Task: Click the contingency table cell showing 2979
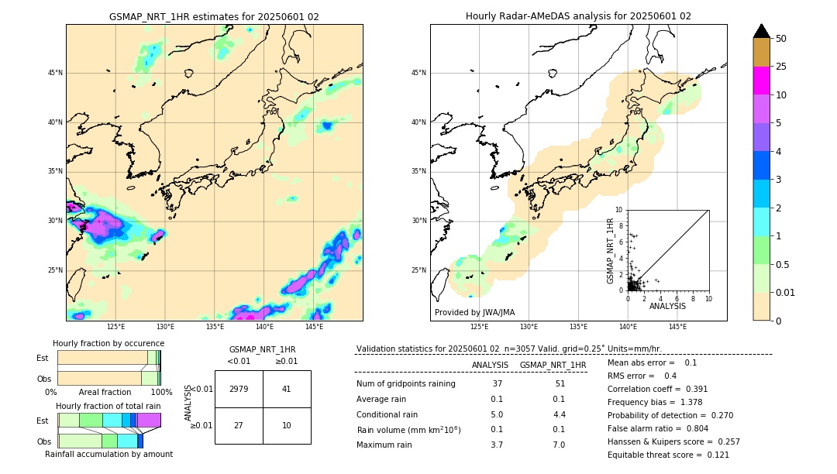[239, 389]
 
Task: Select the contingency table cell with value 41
[286, 389]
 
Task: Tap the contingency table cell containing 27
[239, 425]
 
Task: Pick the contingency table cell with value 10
[286, 425]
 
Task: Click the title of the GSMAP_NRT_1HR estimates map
[214, 17]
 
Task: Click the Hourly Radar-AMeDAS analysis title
[578, 17]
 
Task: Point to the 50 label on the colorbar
[781, 39]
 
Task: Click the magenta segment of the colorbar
[761, 81]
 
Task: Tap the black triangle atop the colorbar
[761, 31]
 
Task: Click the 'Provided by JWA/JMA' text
[474, 312]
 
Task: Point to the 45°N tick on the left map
[54, 73]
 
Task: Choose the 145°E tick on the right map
[677, 327]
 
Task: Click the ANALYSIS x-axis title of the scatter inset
[667, 306]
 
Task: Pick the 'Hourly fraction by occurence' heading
[108, 343]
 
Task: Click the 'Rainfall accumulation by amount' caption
[108, 455]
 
